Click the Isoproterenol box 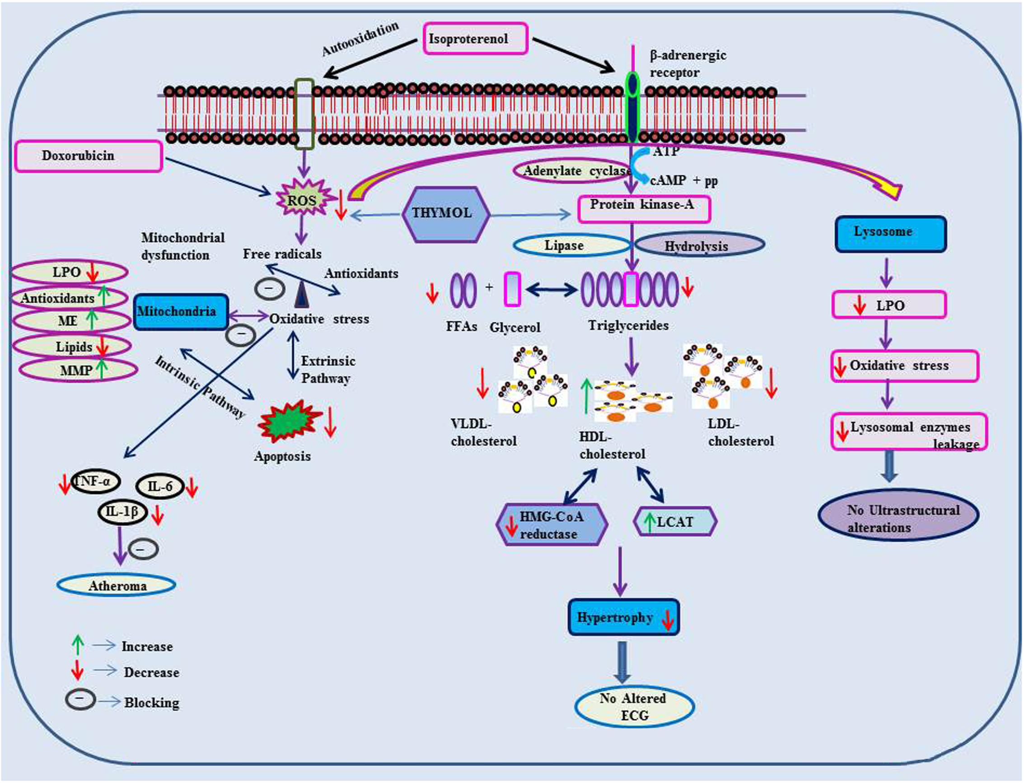[x=476, y=39]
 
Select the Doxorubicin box [x=89, y=156]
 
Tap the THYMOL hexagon [x=446, y=215]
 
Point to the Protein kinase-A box [x=644, y=209]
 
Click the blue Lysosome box [x=891, y=234]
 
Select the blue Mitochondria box [x=181, y=312]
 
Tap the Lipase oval [x=572, y=245]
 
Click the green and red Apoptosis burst [x=289, y=420]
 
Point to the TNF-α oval [x=95, y=481]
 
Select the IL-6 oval [x=160, y=487]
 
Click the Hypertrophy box [x=624, y=617]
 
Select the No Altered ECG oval [x=635, y=707]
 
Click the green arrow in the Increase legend [x=78, y=645]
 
